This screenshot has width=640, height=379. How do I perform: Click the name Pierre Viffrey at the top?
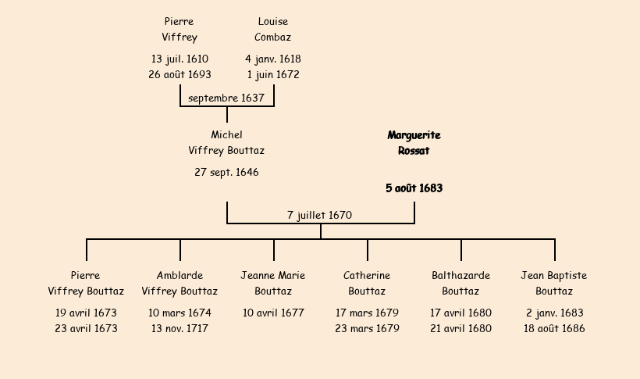(x=180, y=30)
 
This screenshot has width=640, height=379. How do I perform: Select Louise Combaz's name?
(x=272, y=30)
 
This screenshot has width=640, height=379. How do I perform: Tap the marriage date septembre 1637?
(x=226, y=98)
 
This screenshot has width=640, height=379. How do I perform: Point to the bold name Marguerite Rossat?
(x=414, y=143)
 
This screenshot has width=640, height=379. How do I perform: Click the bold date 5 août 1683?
(x=414, y=188)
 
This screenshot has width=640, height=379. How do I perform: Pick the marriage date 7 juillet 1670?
(x=319, y=215)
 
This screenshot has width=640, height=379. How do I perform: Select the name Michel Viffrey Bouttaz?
(x=226, y=143)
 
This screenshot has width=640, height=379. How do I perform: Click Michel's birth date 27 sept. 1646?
(x=226, y=173)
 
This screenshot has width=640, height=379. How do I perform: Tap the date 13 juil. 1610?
(x=180, y=59)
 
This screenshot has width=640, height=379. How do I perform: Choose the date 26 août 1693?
(x=180, y=75)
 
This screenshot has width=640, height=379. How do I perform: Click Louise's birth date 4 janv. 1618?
(x=272, y=59)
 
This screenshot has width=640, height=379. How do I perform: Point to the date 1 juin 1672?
(x=272, y=75)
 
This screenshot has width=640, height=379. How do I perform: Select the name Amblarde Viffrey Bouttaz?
(x=180, y=284)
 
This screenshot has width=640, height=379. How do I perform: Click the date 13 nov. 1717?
(x=180, y=329)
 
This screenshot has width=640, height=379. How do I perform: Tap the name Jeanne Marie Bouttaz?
(x=272, y=284)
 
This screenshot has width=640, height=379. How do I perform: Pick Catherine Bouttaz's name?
(x=367, y=284)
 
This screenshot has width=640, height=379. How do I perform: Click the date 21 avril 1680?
(x=460, y=329)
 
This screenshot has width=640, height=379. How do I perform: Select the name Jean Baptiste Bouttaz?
(x=554, y=284)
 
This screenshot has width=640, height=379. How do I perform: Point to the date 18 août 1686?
(x=554, y=329)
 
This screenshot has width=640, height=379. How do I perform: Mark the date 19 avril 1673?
(x=86, y=313)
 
